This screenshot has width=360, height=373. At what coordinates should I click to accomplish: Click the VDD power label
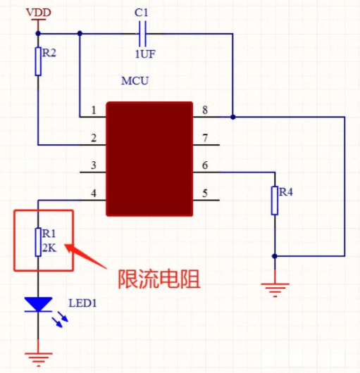coord(39,13)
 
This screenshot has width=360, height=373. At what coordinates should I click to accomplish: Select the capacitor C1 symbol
coord(142,34)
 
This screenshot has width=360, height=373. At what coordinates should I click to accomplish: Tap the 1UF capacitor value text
coord(145,54)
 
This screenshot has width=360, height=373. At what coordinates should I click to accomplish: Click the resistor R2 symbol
coord(38,61)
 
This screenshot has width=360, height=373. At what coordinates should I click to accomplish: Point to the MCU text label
coord(135,81)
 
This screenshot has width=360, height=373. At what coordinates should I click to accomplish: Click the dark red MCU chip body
coord(149,159)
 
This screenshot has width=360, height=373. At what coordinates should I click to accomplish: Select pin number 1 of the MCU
coord(94,110)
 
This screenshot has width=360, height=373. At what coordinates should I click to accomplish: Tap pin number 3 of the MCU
coord(94,165)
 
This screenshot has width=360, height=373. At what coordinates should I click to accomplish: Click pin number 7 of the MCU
coord(205,138)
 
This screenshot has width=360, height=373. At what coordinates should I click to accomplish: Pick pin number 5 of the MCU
coord(205,193)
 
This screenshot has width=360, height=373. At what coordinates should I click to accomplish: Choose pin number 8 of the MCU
coord(205,110)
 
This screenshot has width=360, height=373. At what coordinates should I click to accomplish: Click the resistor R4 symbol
coord(275,201)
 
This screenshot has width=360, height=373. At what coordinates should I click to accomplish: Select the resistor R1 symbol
coord(38,242)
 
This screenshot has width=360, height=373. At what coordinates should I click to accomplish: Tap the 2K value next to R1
coord(49,248)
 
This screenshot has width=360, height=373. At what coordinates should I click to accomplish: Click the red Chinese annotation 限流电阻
coord(159,279)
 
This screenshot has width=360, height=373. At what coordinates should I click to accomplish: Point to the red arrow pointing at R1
coord(86,256)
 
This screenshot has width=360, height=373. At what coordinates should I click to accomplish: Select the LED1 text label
coord(82,303)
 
